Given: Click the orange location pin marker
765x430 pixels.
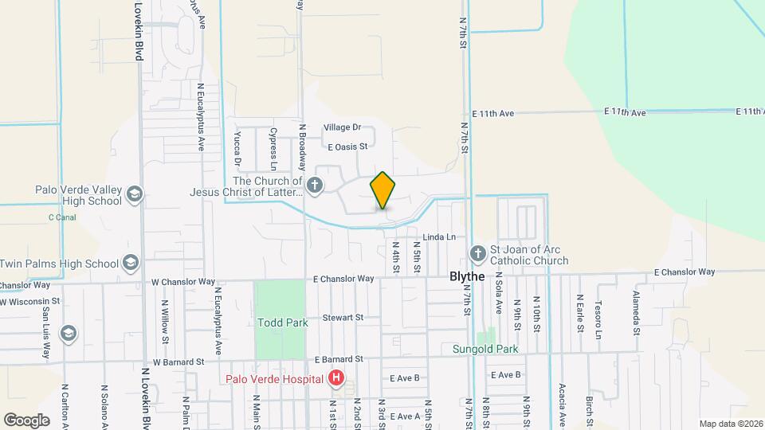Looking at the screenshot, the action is [x=382, y=190].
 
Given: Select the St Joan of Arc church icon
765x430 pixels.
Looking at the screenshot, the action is [x=477, y=254].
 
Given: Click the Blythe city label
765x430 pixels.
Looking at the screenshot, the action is [x=467, y=276].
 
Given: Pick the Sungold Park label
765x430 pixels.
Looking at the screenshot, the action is [x=485, y=349].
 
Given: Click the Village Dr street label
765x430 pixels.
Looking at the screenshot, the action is [x=342, y=127].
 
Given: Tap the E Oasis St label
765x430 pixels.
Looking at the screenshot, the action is [x=347, y=147].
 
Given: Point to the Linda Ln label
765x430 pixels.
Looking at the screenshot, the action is [x=439, y=237].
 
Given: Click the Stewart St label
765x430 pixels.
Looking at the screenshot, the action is [x=343, y=318].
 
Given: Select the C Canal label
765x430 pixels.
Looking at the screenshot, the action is [x=62, y=217].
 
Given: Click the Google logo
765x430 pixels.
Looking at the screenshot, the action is [x=26, y=420].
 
